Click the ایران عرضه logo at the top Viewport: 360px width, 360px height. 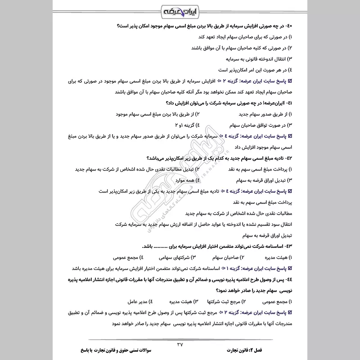180,10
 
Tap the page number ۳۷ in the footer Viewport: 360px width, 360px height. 180,344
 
